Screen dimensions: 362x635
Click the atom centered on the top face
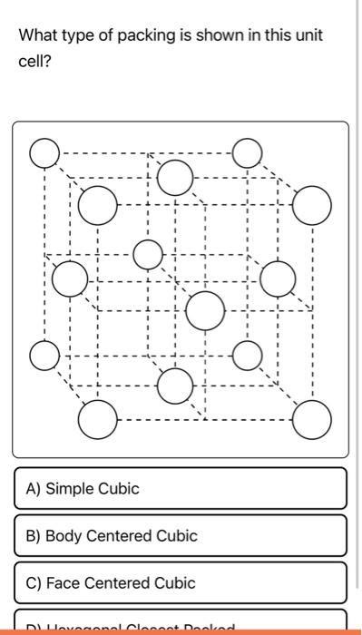tap(175, 177)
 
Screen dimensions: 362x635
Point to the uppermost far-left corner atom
tap(43, 153)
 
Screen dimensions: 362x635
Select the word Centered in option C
tap(117, 583)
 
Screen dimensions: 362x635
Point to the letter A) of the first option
tap(33, 489)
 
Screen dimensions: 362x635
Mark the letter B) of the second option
tap(33, 536)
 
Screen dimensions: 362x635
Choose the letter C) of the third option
tap(33, 583)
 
